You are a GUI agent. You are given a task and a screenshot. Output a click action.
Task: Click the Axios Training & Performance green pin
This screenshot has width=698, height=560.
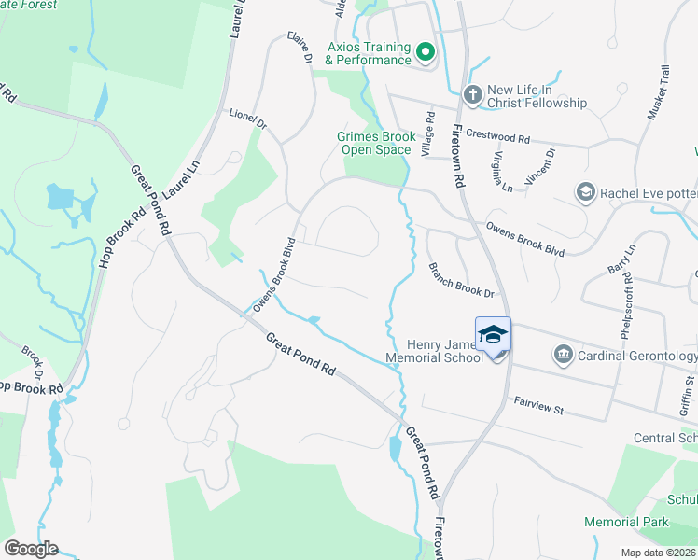[x=426, y=52]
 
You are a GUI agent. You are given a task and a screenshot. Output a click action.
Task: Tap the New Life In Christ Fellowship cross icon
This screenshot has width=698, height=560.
[x=472, y=94]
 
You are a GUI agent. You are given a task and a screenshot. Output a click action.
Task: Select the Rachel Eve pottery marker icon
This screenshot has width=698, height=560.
[x=586, y=192]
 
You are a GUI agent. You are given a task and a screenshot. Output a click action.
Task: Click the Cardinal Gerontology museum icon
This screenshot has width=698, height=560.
[x=563, y=356]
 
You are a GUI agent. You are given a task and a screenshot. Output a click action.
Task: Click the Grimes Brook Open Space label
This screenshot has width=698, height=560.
[x=373, y=143]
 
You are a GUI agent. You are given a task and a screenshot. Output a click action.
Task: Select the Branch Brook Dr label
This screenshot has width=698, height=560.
[x=460, y=279]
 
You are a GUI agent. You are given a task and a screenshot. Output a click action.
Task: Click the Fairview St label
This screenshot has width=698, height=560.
[x=540, y=406]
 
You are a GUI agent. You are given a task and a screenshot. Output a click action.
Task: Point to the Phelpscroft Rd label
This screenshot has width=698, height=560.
[x=625, y=303]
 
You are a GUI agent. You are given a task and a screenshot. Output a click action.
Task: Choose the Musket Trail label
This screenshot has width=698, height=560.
[x=658, y=92]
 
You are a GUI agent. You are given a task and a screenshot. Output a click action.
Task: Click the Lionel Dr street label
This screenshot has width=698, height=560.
[x=248, y=120]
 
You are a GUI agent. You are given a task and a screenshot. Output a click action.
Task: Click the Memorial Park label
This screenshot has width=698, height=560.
[x=626, y=522]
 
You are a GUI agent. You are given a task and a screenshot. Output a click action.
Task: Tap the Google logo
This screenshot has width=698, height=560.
[x=31, y=549]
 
